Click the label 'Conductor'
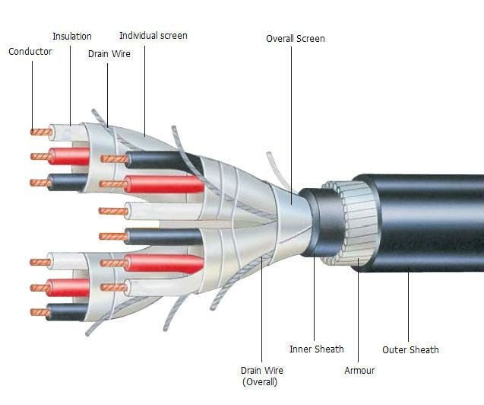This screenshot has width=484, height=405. tap(30, 51)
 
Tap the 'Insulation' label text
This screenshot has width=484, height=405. tap(72, 37)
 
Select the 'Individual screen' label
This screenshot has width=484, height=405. tap(153, 36)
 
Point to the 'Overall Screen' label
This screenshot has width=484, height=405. tap(296, 39)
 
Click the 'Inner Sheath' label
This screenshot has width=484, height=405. tap(317, 349)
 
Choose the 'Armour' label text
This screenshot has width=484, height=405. tap(359, 370)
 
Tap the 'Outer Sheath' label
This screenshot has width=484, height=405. tap(410, 349)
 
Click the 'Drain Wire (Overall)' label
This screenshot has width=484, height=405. tap(261, 376)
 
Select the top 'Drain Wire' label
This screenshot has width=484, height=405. tap(109, 54)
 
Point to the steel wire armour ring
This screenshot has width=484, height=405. tap(352, 223)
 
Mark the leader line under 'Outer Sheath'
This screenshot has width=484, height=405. tap(408, 307)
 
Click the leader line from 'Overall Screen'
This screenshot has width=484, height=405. tap(291, 125)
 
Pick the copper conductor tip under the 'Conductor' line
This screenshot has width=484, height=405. tap(41, 132)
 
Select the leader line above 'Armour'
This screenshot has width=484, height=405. tap(358, 310)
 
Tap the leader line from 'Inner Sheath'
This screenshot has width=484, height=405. tap(315, 297)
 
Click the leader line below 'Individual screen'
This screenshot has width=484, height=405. tap(144, 91)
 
